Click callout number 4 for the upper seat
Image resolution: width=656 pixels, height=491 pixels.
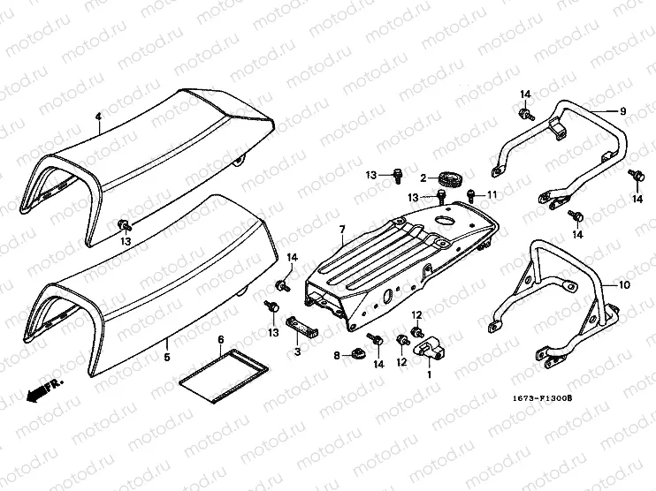(99, 116)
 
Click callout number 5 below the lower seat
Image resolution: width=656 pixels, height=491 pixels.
(166, 358)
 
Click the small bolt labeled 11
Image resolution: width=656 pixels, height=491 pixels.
(471, 194)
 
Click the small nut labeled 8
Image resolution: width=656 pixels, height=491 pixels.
(357, 355)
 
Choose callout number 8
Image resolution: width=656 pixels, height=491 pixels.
(336, 355)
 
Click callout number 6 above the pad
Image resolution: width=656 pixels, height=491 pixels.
(220, 339)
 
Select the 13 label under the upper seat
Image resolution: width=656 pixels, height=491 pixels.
(126, 240)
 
